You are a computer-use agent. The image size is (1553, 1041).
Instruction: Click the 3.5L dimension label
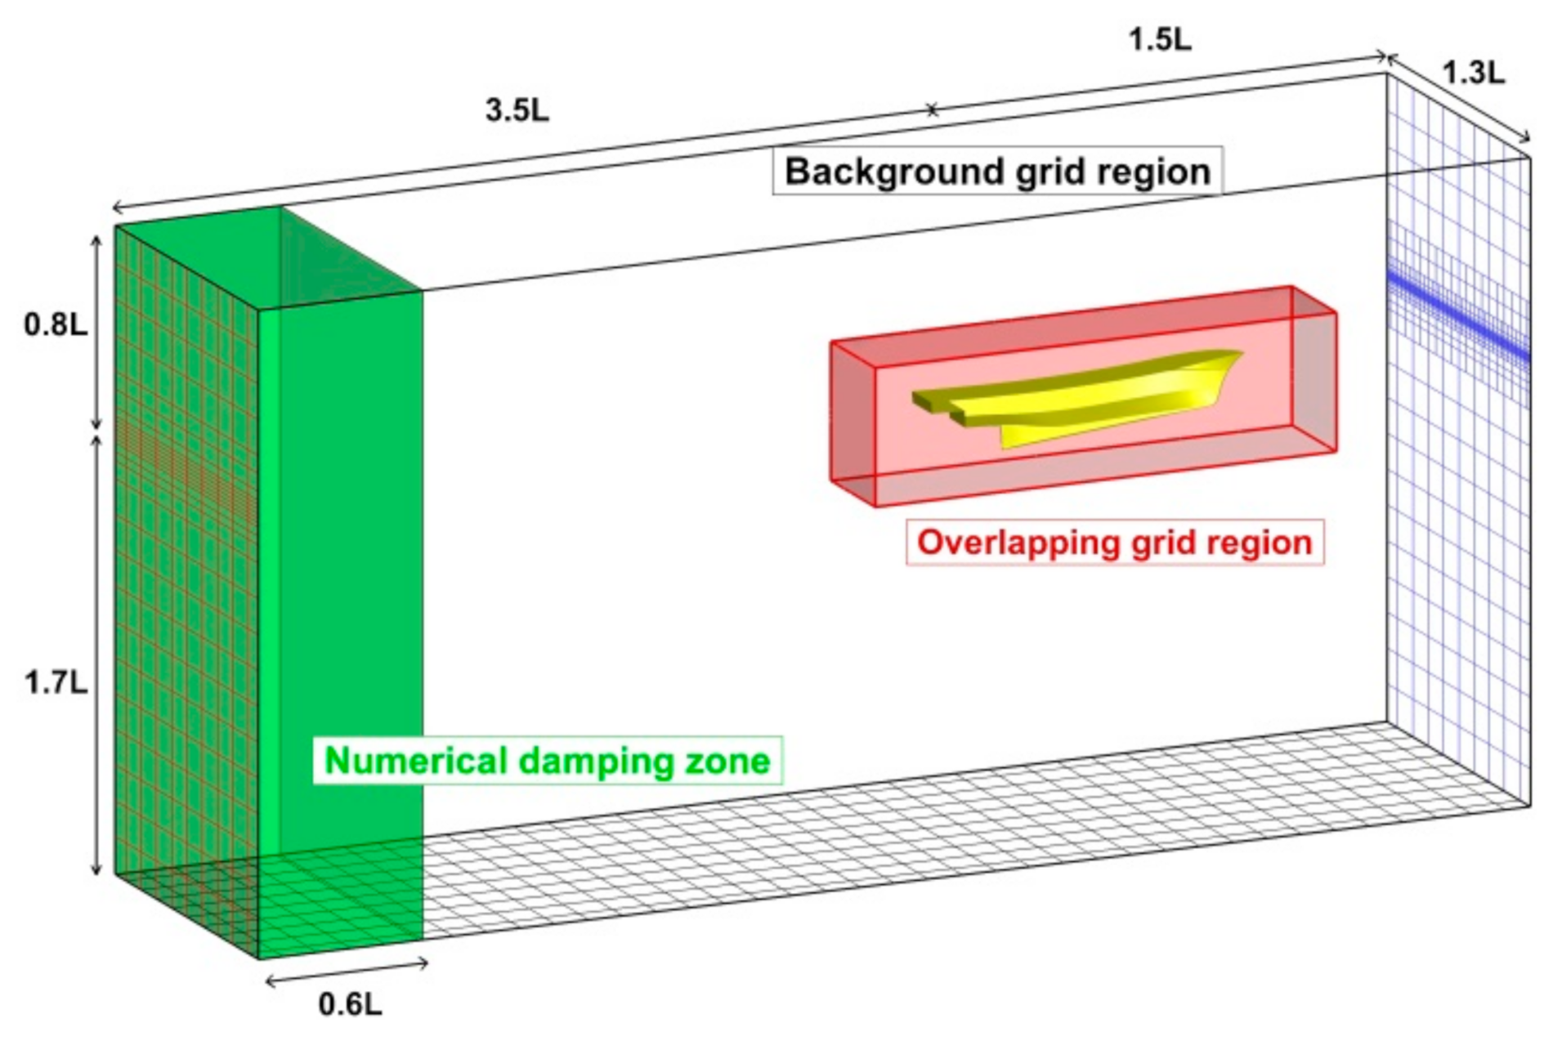(517, 110)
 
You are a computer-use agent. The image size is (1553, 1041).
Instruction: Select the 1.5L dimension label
(1160, 39)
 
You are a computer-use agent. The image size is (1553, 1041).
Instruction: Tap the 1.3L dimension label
(1473, 74)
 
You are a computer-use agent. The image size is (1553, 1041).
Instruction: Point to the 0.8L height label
(55, 325)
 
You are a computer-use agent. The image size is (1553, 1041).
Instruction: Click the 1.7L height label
(55, 682)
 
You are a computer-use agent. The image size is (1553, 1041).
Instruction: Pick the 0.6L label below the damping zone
(350, 1004)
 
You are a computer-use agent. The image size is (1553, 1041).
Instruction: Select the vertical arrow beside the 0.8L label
(96, 332)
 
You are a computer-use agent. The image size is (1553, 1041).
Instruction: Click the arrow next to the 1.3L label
(1458, 99)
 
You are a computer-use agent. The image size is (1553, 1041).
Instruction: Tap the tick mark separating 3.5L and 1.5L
(932, 110)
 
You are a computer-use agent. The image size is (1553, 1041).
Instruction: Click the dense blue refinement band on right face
(1458, 319)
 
